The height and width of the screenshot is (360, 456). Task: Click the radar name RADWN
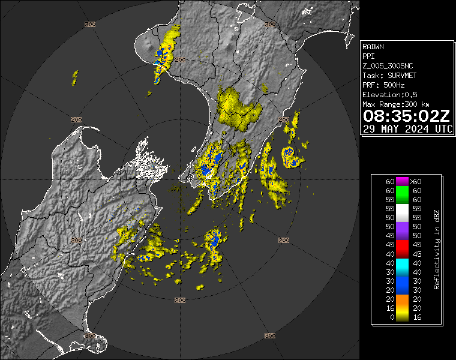pyautogui.click(x=373, y=46)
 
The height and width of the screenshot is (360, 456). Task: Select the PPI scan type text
pyautogui.click(x=368, y=56)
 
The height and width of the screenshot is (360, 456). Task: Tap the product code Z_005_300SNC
pyautogui.click(x=388, y=65)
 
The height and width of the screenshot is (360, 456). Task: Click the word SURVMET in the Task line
pyautogui.click(x=397, y=75)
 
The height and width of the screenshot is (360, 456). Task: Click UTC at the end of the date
pyautogui.click(x=444, y=129)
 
